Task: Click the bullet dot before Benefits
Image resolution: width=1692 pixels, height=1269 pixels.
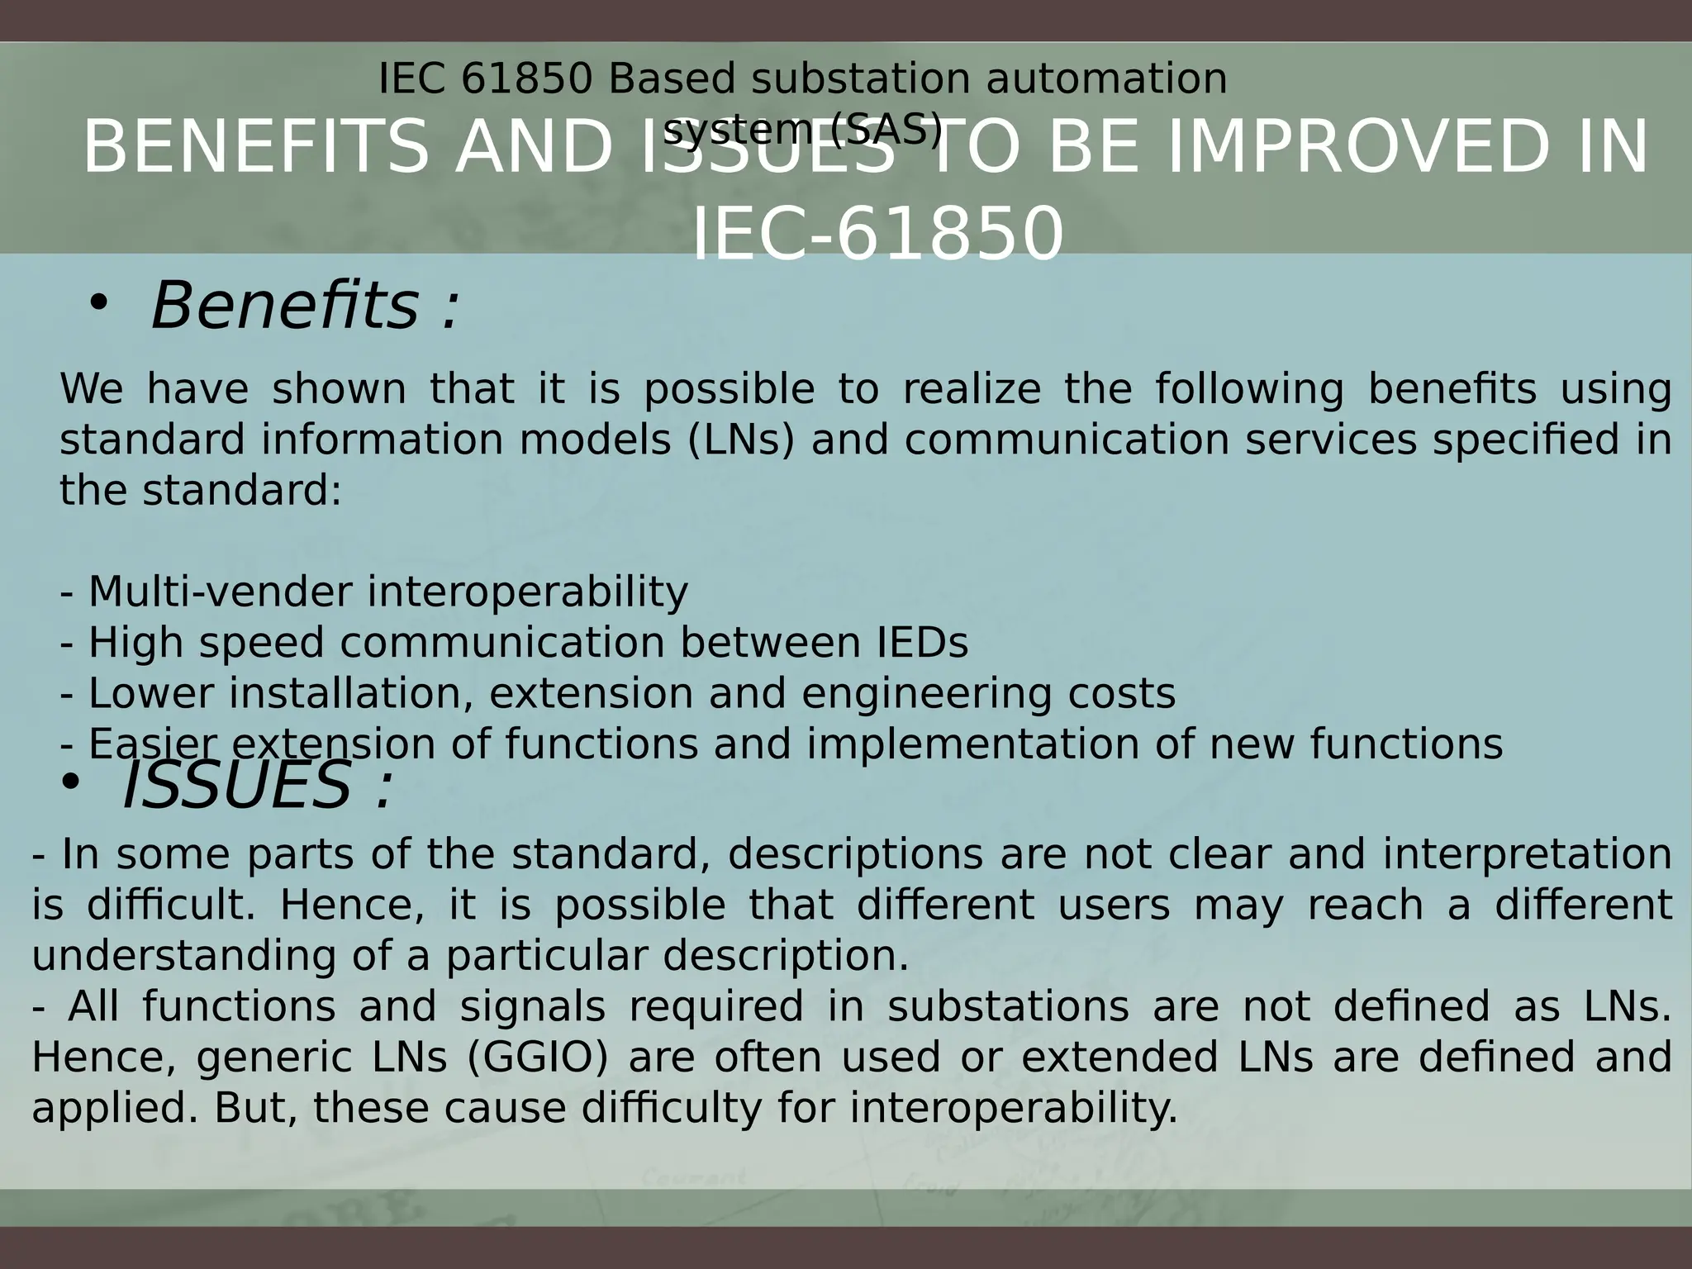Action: coord(98,303)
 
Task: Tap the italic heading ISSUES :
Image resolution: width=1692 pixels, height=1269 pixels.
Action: coord(256,786)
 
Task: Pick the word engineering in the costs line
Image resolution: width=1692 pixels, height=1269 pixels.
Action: coord(926,693)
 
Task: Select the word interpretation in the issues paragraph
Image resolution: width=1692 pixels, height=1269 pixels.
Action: coord(1528,853)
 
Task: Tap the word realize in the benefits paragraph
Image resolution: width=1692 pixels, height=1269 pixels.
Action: coord(971,388)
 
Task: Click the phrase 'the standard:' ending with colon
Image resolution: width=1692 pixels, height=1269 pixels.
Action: coord(201,491)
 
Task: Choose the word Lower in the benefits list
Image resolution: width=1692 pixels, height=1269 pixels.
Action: coord(150,693)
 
